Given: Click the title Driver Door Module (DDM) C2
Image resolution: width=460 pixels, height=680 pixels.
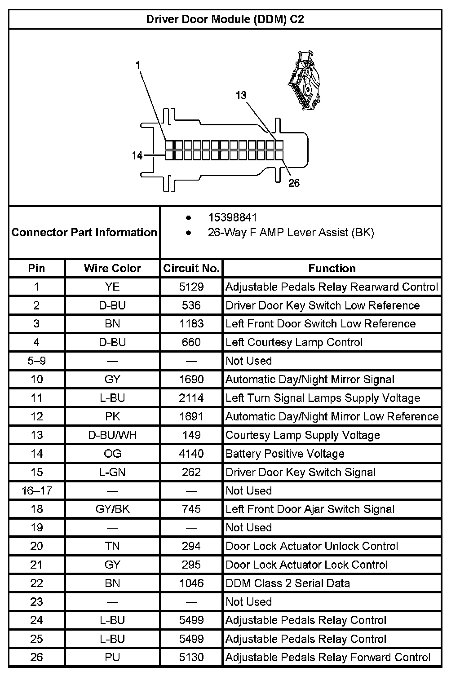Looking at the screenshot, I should (x=225, y=19).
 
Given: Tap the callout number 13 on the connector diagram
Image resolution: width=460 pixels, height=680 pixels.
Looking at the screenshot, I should (x=241, y=95).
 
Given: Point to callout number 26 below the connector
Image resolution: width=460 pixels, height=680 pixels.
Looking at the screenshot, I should (x=294, y=183).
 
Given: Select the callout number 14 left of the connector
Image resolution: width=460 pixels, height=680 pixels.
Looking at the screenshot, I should (x=137, y=155).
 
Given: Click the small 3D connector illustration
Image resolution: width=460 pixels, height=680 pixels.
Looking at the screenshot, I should (x=305, y=80).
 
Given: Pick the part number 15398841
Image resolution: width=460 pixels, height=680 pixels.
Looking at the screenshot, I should (x=232, y=218).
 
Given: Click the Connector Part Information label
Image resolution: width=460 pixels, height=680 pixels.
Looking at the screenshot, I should (x=84, y=232).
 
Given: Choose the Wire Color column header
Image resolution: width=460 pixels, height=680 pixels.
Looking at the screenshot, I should (x=112, y=268).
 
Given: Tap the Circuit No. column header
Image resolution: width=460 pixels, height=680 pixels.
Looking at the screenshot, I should (x=191, y=268).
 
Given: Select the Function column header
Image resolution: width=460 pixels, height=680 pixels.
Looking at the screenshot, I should (x=332, y=268).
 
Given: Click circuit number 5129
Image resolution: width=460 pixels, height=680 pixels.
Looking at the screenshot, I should (x=191, y=287).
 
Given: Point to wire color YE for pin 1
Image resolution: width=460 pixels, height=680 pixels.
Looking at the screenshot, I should (x=112, y=287).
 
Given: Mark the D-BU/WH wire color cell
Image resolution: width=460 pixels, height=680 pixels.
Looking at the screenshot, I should (x=112, y=435).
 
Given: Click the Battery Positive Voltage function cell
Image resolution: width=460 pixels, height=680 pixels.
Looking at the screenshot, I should (x=285, y=454).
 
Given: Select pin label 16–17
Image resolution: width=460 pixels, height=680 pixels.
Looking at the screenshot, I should (x=36, y=490).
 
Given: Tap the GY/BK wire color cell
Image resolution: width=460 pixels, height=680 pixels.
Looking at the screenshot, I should (x=112, y=509).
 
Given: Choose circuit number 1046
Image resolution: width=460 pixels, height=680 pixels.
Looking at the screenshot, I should (x=191, y=583).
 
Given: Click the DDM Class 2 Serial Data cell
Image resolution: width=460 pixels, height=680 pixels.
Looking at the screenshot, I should (x=287, y=583).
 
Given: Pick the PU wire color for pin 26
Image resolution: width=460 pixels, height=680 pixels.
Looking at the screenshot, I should (x=112, y=657).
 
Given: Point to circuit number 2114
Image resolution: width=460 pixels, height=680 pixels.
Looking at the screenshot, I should (x=191, y=398).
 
